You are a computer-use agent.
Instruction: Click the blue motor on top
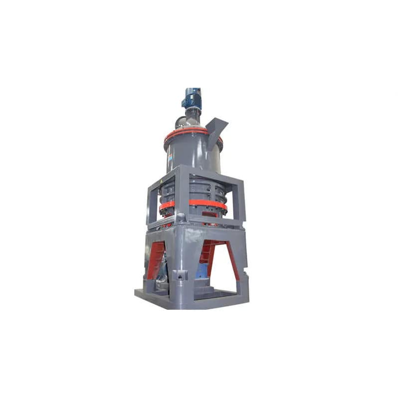coord(192,99)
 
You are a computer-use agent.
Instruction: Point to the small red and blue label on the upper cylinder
coord(169,156)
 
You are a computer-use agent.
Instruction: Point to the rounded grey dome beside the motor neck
coord(179,121)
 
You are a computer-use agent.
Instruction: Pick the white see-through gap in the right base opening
coord(222,269)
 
